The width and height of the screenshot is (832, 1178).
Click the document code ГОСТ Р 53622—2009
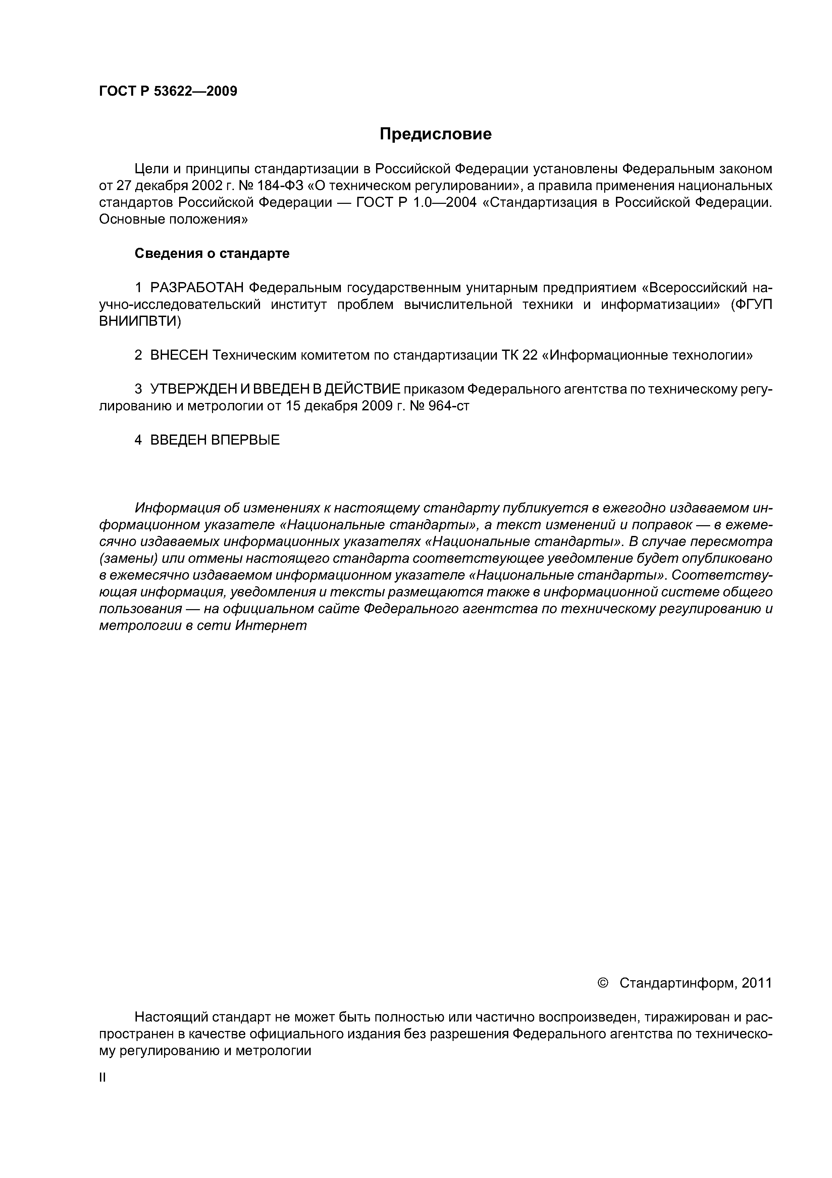[x=168, y=91]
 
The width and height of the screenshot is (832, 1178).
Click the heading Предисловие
[x=435, y=134]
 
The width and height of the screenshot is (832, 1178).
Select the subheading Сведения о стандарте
[x=212, y=254]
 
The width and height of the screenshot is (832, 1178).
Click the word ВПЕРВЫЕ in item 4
[x=245, y=440]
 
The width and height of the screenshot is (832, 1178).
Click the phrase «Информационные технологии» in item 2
[x=647, y=355]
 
